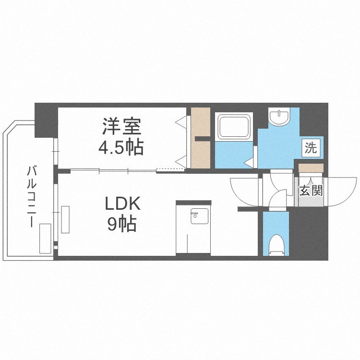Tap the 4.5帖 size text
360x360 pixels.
click(x=120, y=147)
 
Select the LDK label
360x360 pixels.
click(x=122, y=204)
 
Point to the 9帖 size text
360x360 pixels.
click(x=122, y=224)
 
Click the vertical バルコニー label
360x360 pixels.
click(x=32, y=197)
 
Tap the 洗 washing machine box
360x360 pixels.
click(x=311, y=148)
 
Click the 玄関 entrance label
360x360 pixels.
click(x=310, y=190)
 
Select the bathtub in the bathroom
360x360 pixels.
click(x=234, y=127)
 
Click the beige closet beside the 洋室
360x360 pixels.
click(x=200, y=138)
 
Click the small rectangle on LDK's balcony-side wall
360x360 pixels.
click(x=65, y=219)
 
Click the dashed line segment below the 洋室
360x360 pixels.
click(x=170, y=169)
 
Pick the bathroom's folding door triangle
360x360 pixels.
click(x=249, y=163)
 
